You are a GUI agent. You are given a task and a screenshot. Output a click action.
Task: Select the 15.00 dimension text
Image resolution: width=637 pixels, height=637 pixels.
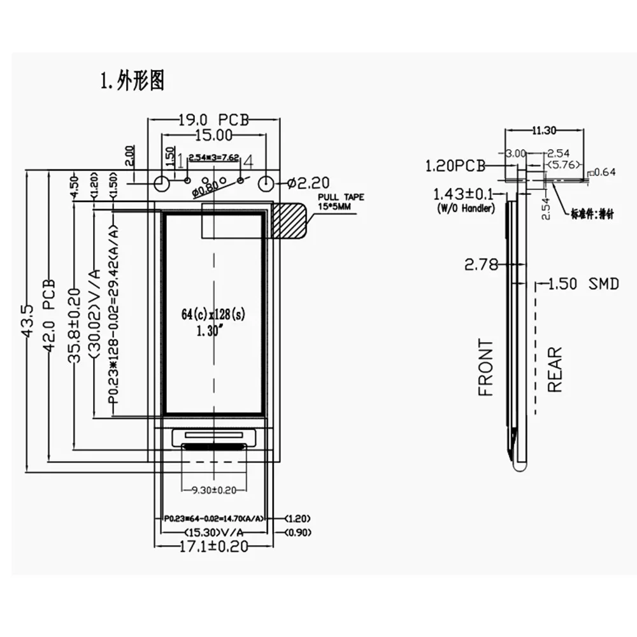(x=213, y=135)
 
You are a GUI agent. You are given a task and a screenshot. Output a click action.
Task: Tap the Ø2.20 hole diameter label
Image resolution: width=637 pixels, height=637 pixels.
(x=308, y=184)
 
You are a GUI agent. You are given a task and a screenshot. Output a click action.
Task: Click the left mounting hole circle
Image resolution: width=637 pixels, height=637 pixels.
(x=162, y=183)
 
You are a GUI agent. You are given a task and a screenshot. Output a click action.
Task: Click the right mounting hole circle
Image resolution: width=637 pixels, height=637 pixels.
(x=266, y=183)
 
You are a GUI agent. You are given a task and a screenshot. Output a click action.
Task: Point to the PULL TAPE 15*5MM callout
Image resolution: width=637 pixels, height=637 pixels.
(x=341, y=201)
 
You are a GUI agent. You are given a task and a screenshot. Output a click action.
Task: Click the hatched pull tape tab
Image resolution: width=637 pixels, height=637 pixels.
(x=290, y=221)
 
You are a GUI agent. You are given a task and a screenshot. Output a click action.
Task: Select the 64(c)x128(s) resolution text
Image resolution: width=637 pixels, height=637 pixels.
(x=213, y=314)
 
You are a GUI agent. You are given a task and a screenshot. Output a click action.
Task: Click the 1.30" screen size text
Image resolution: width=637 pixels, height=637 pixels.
(x=205, y=331)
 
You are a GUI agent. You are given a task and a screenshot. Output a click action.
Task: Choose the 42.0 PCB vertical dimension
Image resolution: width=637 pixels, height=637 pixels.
(x=52, y=306)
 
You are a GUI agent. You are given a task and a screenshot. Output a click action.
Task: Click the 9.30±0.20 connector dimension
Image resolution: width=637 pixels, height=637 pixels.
(x=213, y=490)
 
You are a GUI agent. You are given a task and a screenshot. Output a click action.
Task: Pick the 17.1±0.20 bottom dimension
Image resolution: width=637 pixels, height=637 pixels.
(x=213, y=546)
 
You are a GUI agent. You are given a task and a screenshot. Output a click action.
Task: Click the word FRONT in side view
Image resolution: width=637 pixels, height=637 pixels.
(x=486, y=368)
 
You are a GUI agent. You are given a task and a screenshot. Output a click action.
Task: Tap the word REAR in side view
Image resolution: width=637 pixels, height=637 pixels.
(x=555, y=369)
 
